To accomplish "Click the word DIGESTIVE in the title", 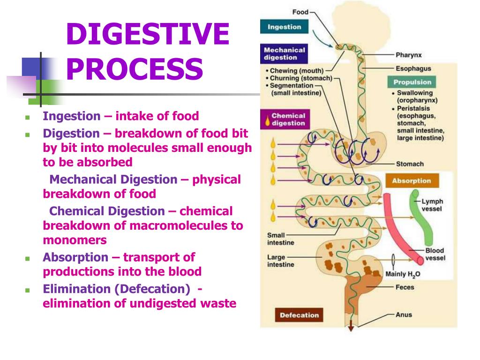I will [x=147, y=34].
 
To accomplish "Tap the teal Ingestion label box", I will [x=284, y=27].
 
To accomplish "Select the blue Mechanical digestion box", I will [x=284, y=54].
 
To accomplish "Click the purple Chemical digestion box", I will [x=284, y=120].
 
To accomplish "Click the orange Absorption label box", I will [x=411, y=181].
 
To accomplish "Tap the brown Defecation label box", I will [x=299, y=315].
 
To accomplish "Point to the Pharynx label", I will [x=409, y=55].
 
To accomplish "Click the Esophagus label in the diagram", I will [x=413, y=68].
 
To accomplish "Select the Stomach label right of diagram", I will [x=410, y=164].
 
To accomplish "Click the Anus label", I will [x=403, y=315].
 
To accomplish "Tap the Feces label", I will [x=405, y=287].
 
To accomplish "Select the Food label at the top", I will [x=300, y=12].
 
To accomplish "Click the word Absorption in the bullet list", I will [x=75, y=257].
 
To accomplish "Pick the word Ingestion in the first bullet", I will [x=72, y=116].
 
